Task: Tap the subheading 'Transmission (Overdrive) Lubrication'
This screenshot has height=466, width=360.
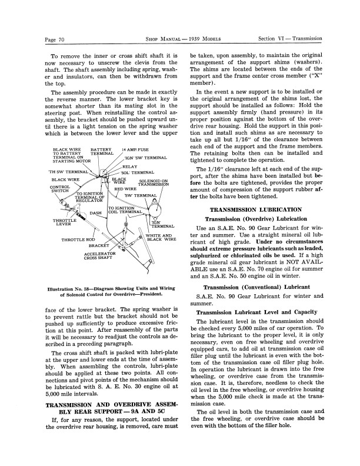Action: pyautogui.click(x=256, y=219)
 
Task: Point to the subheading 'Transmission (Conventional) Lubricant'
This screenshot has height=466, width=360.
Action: pyautogui.click(x=256, y=287)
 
